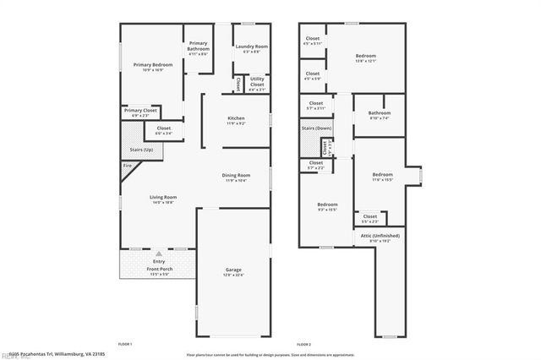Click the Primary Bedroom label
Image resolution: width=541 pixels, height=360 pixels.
(x=152, y=65)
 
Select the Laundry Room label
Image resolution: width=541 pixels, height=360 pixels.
(x=251, y=46)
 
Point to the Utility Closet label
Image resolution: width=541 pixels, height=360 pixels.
(x=257, y=81)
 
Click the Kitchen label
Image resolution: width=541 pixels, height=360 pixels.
(x=236, y=117)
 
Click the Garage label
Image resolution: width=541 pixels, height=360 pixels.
(x=232, y=270)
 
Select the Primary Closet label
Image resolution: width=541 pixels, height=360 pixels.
(x=140, y=110)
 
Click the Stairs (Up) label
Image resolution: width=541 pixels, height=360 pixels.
(x=141, y=149)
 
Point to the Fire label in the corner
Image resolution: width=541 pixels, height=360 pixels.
(x=128, y=166)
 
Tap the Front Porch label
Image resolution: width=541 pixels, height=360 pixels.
(x=160, y=270)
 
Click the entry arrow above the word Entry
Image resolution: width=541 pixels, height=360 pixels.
(x=160, y=254)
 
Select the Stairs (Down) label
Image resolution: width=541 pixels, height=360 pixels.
(x=317, y=128)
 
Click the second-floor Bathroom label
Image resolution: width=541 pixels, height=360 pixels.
(x=379, y=112)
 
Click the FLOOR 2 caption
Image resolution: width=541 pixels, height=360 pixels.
(x=304, y=345)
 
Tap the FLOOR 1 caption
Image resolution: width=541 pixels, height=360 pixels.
(x=125, y=345)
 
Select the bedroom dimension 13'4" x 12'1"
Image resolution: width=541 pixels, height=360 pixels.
(x=365, y=61)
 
